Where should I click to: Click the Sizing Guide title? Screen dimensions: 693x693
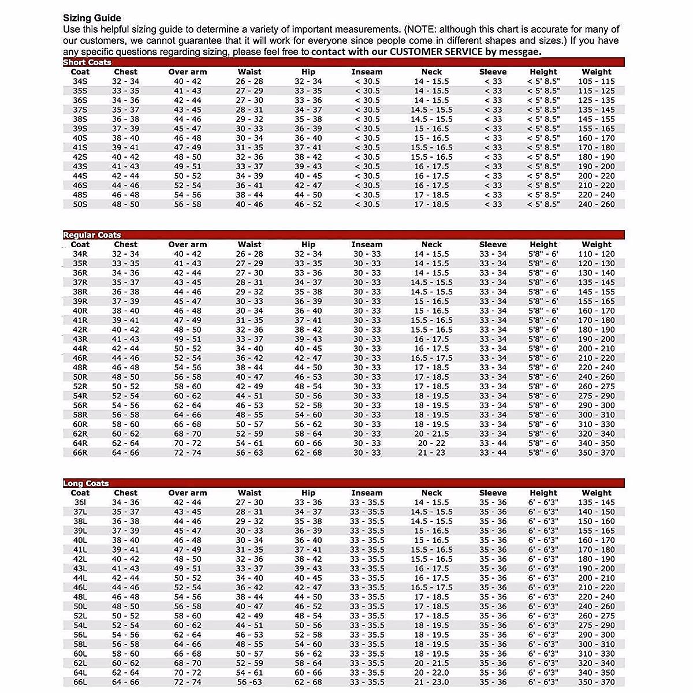(x=92, y=18)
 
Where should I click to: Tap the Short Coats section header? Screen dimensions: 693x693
(x=87, y=62)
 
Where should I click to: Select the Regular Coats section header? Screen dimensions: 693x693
(x=92, y=235)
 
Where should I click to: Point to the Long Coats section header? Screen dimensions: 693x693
(x=86, y=483)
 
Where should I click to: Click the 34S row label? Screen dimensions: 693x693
(x=80, y=81)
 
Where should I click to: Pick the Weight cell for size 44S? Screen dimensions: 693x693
(x=597, y=176)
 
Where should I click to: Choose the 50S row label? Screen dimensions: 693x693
(x=80, y=204)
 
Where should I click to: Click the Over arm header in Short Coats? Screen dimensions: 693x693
(x=187, y=72)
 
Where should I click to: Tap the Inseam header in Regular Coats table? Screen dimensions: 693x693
(x=367, y=245)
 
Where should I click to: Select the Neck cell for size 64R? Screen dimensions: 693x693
(x=431, y=444)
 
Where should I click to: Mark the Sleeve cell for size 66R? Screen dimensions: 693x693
(x=493, y=453)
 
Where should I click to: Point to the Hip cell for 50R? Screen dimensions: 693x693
(x=308, y=377)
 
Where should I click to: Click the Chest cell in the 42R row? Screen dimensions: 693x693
(x=125, y=330)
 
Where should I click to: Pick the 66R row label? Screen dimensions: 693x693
(x=80, y=453)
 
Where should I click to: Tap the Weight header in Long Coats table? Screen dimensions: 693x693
(x=597, y=493)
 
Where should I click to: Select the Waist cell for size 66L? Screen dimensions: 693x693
(x=249, y=683)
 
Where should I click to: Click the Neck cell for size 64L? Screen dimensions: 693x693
(x=431, y=673)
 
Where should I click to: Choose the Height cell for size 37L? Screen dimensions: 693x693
(x=543, y=512)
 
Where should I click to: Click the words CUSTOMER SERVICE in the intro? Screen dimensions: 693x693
(x=436, y=51)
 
